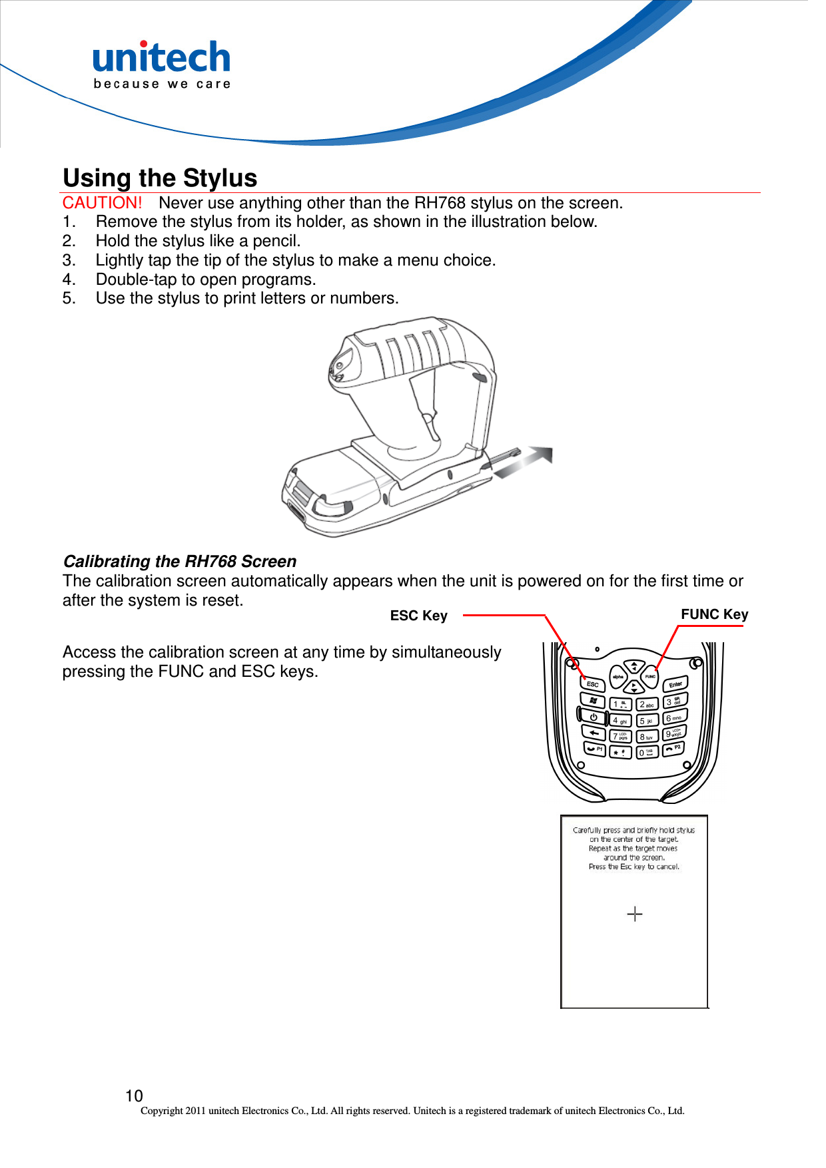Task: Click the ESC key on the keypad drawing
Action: click(x=592, y=684)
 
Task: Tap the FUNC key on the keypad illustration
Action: click(x=651, y=676)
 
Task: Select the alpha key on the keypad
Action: click(x=618, y=676)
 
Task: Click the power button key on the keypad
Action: click(x=593, y=717)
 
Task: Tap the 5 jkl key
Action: click(x=646, y=721)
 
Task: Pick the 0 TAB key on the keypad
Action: click(x=647, y=753)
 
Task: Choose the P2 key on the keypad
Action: click(x=673, y=748)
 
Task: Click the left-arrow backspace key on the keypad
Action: click(x=594, y=733)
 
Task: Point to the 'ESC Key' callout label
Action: click(x=418, y=616)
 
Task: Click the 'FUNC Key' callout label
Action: click(x=714, y=614)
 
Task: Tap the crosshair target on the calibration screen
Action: click(x=635, y=914)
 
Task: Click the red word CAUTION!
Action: click(x=102, y=203)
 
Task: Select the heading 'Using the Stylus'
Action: click(x=160, y=178)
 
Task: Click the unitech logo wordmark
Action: click(x=162, y=59)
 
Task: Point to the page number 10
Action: click(x=134, y=1095)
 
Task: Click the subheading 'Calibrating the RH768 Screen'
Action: click(x=179, y=562)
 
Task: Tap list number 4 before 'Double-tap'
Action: click(x=68, y=280)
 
